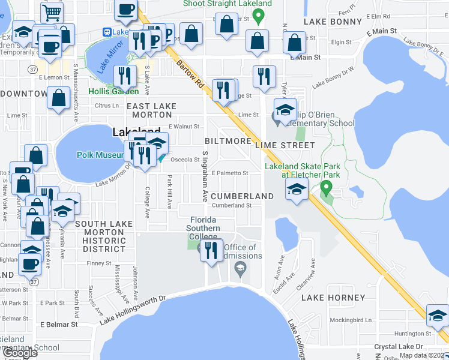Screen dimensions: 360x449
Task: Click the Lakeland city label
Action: [x=137, y=132]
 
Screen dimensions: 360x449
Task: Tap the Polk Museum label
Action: [x=100, y=155]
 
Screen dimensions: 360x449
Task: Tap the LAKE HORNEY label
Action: [x=333, y=298]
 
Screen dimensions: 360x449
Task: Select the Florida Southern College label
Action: [x=204, y=227]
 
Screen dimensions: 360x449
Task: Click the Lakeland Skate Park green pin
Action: [x=326, y=188]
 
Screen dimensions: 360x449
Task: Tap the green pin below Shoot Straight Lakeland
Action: [x=259, y=17]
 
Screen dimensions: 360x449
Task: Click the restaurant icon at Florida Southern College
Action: [x=210, y=249]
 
